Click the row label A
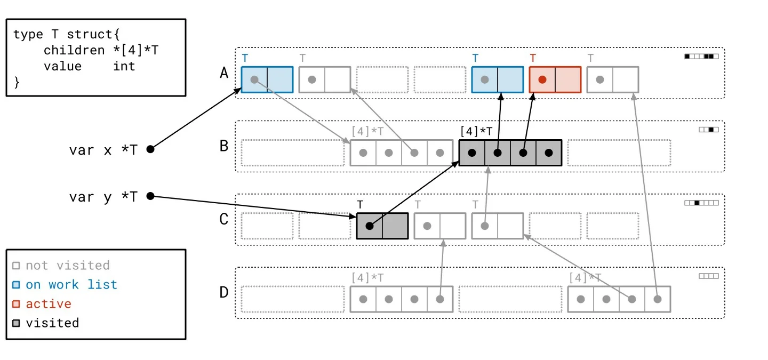(224, 73)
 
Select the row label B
(224, 146)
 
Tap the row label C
(224, 219)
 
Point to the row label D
(224, 292)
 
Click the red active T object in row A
(555, 79)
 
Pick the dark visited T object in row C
(382, 226)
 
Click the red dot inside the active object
(542, 79)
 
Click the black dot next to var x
(150, 149)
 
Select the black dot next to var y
(150, 196)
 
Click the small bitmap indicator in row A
(701, 56)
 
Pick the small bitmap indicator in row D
(708, 276)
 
